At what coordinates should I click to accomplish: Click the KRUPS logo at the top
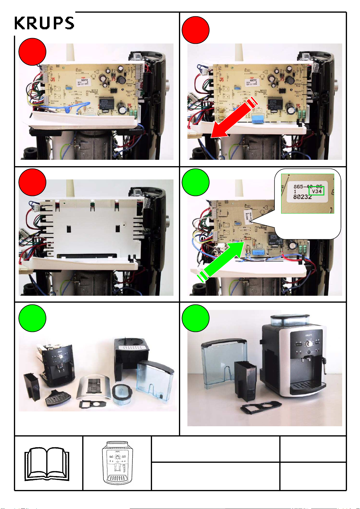(44, 23)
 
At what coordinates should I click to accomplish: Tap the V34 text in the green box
(316, 191)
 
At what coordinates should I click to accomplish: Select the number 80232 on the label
(302, 197)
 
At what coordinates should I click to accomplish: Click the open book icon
(47, 464)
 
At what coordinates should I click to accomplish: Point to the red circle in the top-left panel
(32, 52)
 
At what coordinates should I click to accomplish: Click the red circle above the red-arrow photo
(196, 30)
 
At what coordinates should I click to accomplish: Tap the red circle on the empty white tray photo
(32, 182)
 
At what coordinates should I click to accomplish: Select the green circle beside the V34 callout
(196, 182)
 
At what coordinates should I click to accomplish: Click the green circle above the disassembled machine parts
(32, 318)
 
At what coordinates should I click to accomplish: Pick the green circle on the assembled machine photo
(196, 318)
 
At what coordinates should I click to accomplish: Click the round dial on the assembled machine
(309, 344)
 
